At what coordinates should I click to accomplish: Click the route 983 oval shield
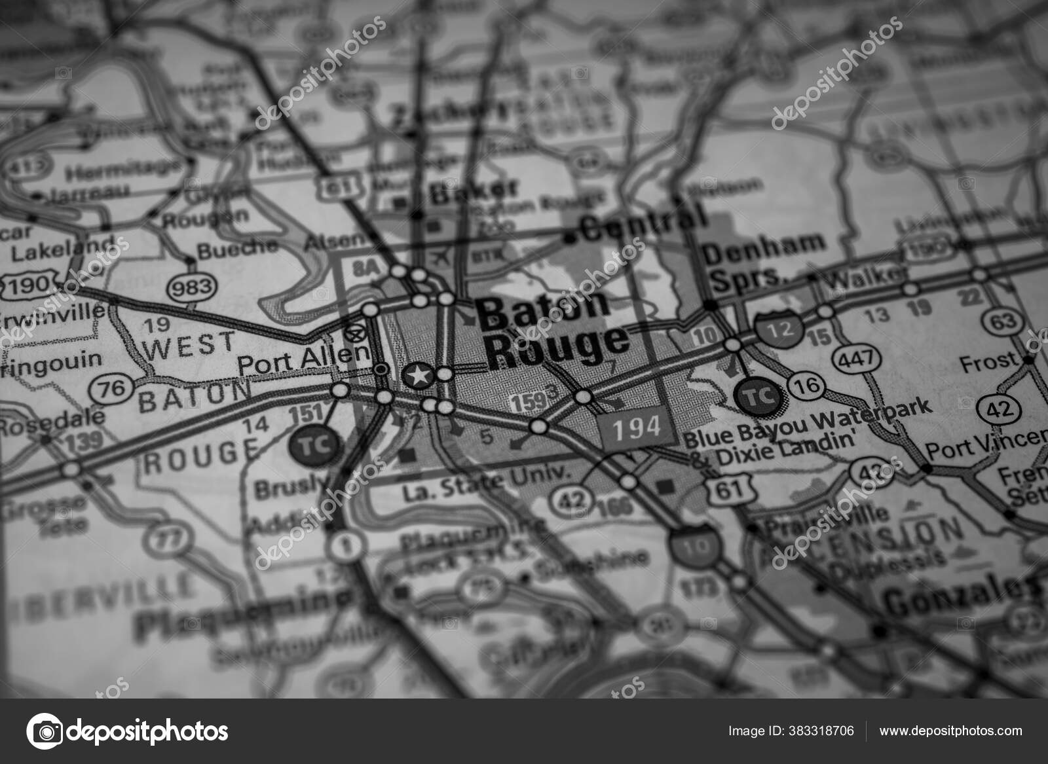(x=191, y=286)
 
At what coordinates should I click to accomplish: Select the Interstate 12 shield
(x=779, y=329)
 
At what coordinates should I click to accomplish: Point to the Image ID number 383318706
(x=791, y=731)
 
